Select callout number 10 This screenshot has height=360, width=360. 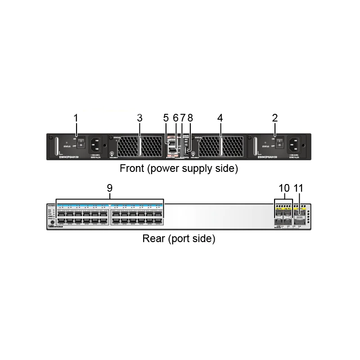coord(284,189)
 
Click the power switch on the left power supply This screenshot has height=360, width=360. coord(81,144)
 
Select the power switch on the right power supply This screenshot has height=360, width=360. coord(279,144)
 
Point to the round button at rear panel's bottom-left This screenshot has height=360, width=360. coord(52,222)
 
